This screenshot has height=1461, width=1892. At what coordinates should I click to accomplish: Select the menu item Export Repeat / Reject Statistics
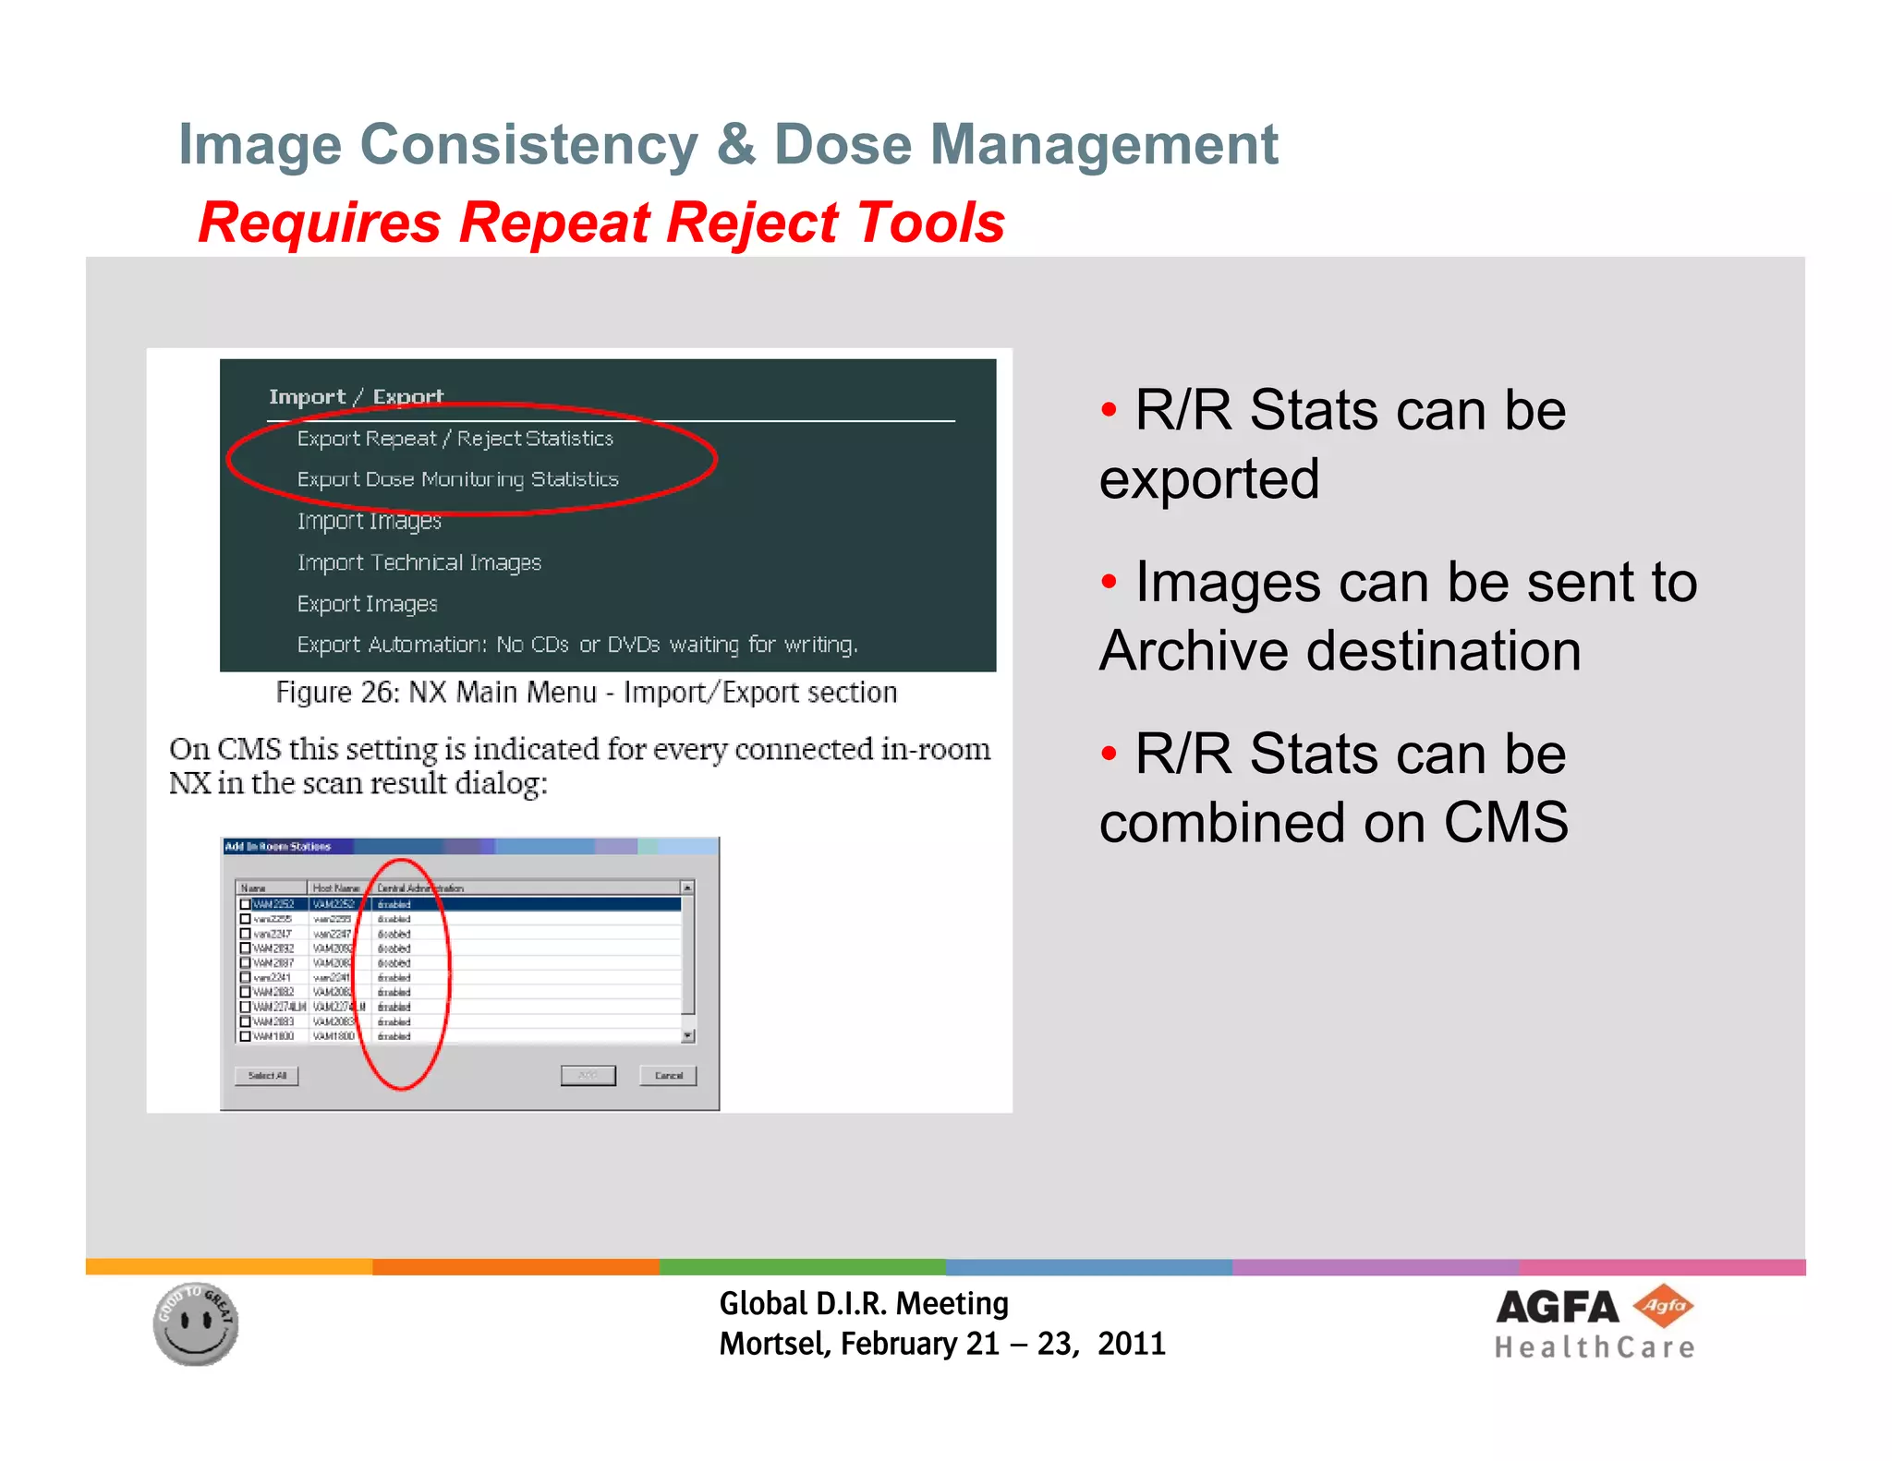455,439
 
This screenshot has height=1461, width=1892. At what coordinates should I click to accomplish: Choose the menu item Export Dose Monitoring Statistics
457,479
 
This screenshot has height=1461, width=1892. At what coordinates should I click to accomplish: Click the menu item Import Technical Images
418,562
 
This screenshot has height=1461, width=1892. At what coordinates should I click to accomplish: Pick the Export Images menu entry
367,604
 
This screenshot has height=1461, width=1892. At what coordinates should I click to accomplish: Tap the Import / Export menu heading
356,397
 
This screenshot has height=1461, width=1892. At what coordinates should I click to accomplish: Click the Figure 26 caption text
586,693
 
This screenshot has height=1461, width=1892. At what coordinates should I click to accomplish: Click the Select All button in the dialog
266,1076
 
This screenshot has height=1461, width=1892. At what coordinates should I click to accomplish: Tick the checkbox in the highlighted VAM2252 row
246,904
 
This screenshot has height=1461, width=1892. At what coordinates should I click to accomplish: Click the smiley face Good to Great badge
196,1324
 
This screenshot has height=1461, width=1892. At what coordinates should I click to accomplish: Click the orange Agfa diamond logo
1663,1306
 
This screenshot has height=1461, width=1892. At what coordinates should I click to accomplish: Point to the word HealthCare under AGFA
1595,1348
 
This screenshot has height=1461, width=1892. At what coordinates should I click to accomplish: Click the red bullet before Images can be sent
1110,582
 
